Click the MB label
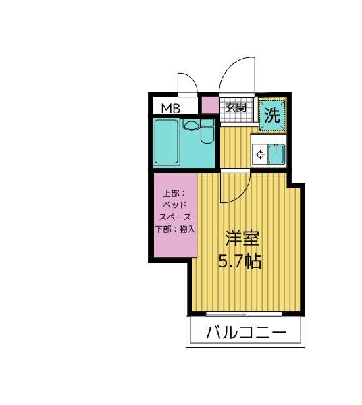click(170, 107)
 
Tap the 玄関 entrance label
click(236, 107)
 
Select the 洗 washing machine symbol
click(271, 115)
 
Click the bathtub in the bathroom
click(167, 142)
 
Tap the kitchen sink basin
click(276, 155)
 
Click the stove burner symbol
click(259, 155)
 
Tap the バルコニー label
click(246, 333)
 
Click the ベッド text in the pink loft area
click(175, 206)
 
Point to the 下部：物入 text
click(175, 229)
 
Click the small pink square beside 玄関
click(210, 105)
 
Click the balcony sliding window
click(244, 314)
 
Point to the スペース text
click(175, 217)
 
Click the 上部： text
click(170, 194)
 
